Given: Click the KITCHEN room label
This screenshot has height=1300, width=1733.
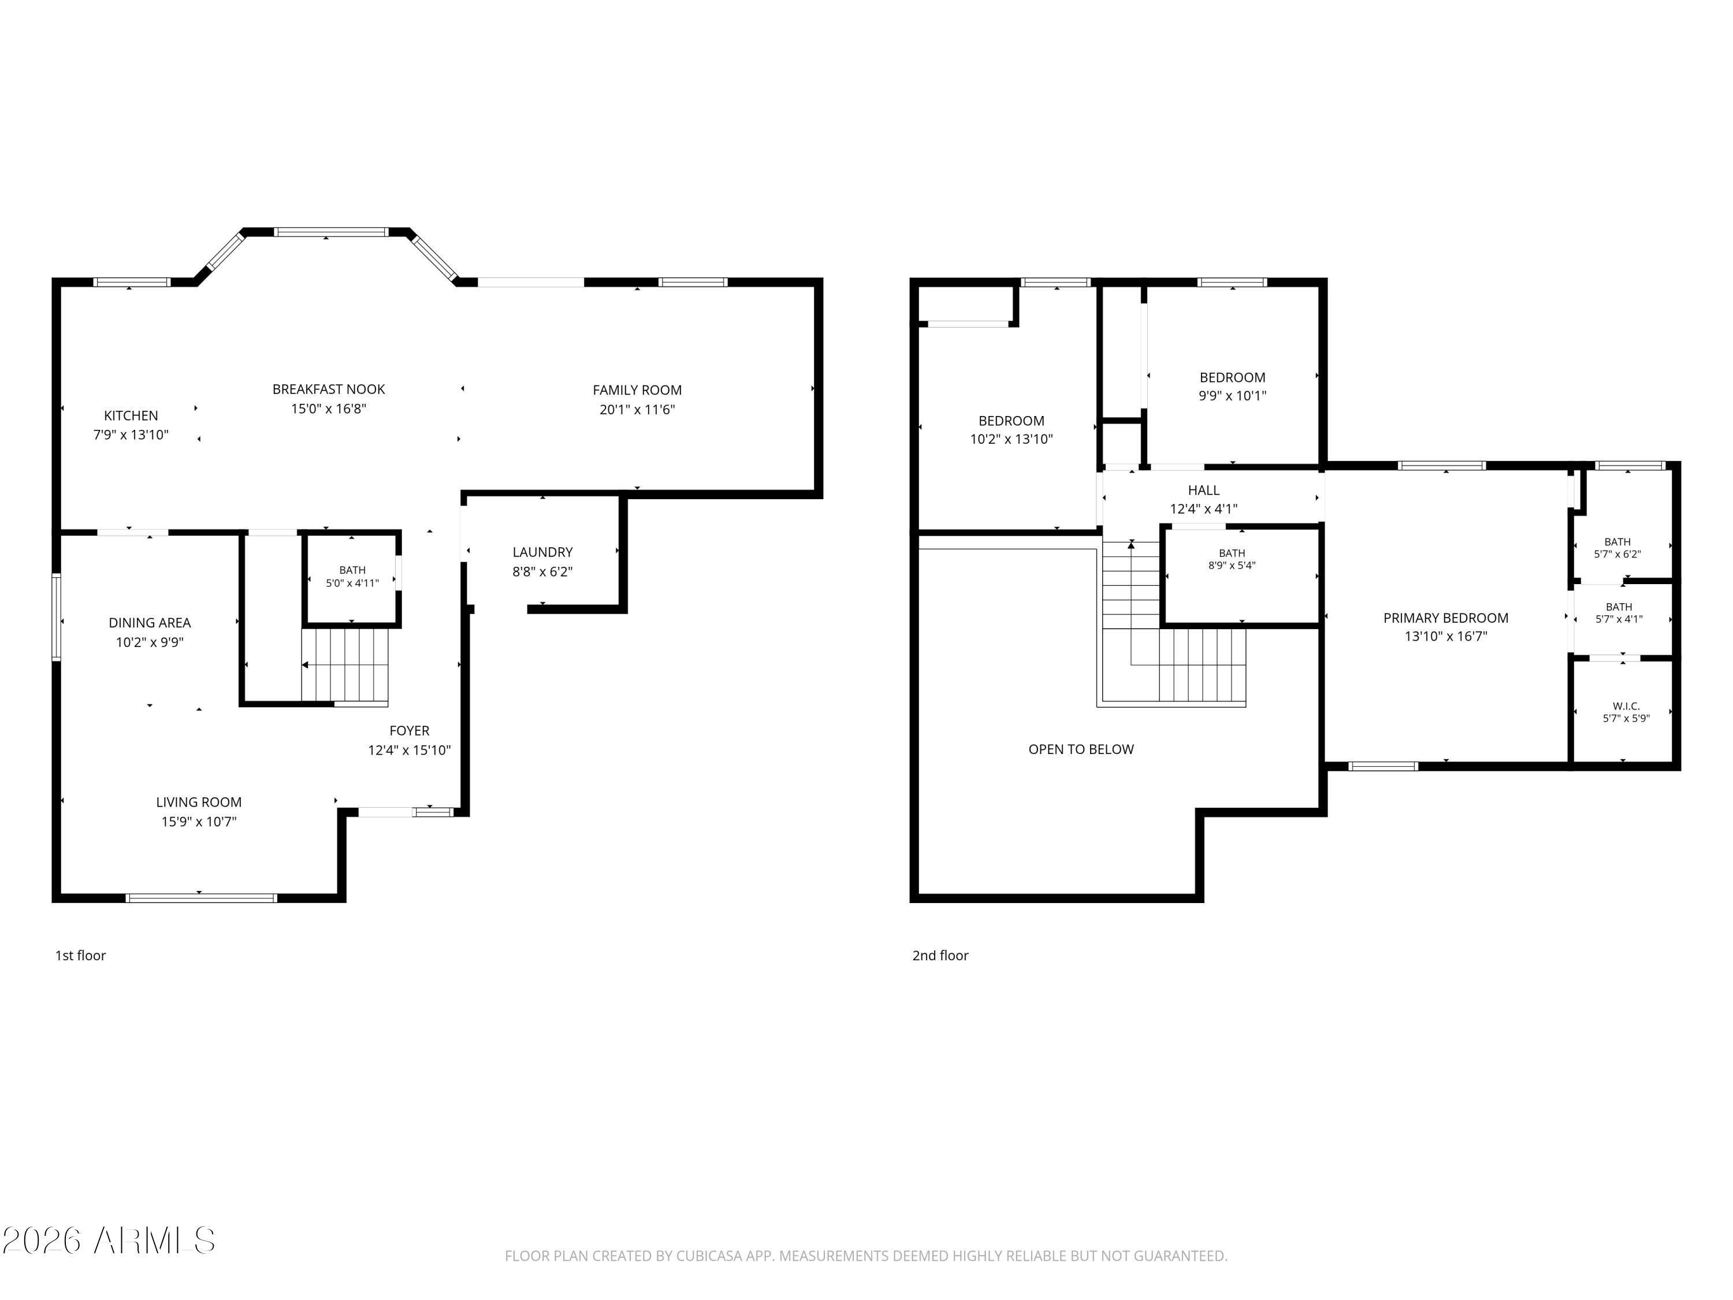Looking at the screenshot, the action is tap(131, 416).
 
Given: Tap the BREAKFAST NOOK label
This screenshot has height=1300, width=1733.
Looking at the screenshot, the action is tap(328, 389).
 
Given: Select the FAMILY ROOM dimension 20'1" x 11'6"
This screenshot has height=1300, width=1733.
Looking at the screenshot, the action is tap(637, 409).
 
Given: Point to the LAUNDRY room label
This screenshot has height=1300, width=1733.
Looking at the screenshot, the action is tap(542, 552).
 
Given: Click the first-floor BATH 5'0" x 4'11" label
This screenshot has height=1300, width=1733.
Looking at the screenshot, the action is tap(352, 576).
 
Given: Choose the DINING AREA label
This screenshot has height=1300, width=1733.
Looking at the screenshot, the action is tap(150, 623).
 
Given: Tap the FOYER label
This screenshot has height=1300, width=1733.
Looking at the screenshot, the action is tap(409, 731).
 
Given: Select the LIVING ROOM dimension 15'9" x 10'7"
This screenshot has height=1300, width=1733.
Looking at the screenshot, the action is tap(199, 821).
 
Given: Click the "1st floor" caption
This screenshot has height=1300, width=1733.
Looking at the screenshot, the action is tap(80, 955).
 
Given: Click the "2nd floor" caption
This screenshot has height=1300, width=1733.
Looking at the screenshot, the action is tap(940, 955).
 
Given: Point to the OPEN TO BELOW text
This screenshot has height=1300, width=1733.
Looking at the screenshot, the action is tap(1081, 749).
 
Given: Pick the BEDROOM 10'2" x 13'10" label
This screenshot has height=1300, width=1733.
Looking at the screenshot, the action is tap(1011, 429).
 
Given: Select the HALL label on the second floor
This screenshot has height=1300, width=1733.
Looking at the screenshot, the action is tap(1203, 491).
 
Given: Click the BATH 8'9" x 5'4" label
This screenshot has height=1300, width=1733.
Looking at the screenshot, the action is tap(1232, 559).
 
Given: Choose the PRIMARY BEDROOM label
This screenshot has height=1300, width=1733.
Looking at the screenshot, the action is tap(1445, 618).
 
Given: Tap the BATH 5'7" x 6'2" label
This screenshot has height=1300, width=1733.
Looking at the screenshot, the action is tap(1617, 548).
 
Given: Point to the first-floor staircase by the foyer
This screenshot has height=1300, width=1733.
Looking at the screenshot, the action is tap(345, 664).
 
